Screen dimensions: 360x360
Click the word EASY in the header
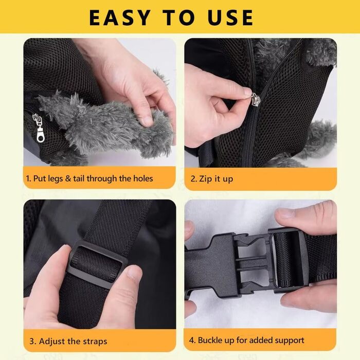119,17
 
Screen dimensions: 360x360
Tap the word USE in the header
230,17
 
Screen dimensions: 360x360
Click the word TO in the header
179,17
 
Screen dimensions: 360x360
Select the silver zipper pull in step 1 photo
38,128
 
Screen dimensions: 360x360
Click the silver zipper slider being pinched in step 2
255,99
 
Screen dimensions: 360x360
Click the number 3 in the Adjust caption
32,341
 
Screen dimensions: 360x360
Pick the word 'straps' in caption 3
95,341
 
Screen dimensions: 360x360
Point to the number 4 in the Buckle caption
191,340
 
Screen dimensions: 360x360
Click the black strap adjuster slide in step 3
98,264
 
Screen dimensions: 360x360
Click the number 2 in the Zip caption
193,179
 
